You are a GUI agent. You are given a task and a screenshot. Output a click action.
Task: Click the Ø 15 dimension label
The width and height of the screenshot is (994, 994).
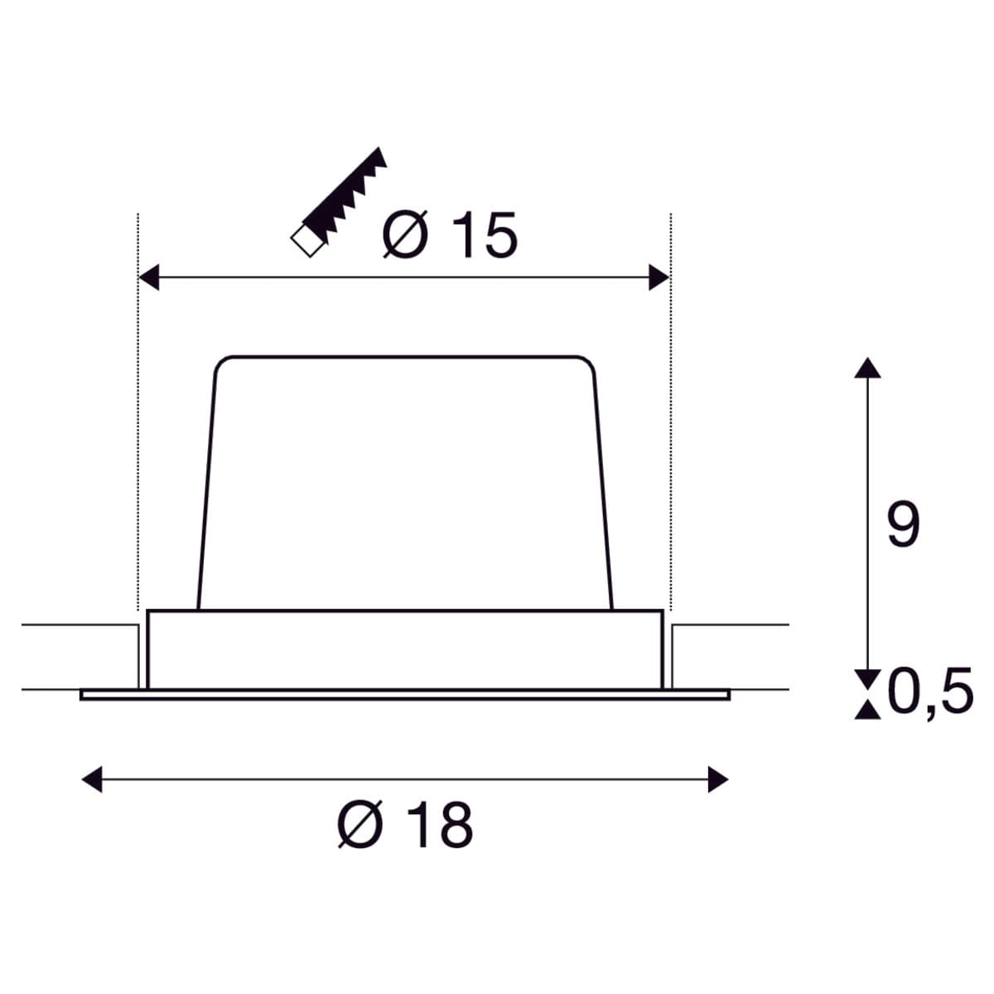coord(449,235)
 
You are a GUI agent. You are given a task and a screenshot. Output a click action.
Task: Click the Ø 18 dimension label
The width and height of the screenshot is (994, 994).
coord(405,824)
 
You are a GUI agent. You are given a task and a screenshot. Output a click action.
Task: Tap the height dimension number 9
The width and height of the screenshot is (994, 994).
coord(902,525)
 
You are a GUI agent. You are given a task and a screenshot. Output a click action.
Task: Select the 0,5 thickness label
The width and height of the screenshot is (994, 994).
coord(930,692)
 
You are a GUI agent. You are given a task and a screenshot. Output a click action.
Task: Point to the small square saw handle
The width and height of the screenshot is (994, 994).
coord(306,242)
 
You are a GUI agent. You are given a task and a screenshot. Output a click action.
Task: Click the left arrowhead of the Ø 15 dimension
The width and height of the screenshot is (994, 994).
coord(148,278)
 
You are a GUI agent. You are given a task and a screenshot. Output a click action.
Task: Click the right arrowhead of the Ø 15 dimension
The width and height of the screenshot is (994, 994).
coord(659,278)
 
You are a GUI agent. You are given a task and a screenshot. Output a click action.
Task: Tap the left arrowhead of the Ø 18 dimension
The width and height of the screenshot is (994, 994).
coord(92,779)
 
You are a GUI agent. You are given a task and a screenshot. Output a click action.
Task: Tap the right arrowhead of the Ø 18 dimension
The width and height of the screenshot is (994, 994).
coord(718,779)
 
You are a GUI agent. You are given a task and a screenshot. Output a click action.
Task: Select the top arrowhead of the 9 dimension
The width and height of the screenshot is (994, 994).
coord(867,368)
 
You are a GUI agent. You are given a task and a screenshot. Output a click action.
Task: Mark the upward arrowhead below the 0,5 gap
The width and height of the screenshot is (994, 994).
coord(867,709)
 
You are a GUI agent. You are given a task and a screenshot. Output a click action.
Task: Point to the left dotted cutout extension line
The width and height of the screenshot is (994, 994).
coord(138,414)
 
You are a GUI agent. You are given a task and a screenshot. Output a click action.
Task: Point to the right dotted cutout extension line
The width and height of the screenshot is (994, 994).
coord(671,414)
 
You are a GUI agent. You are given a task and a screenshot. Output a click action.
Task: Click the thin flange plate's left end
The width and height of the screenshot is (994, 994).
coord(83,695)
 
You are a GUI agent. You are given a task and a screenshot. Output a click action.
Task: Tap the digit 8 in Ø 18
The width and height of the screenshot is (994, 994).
coord(453,824)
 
